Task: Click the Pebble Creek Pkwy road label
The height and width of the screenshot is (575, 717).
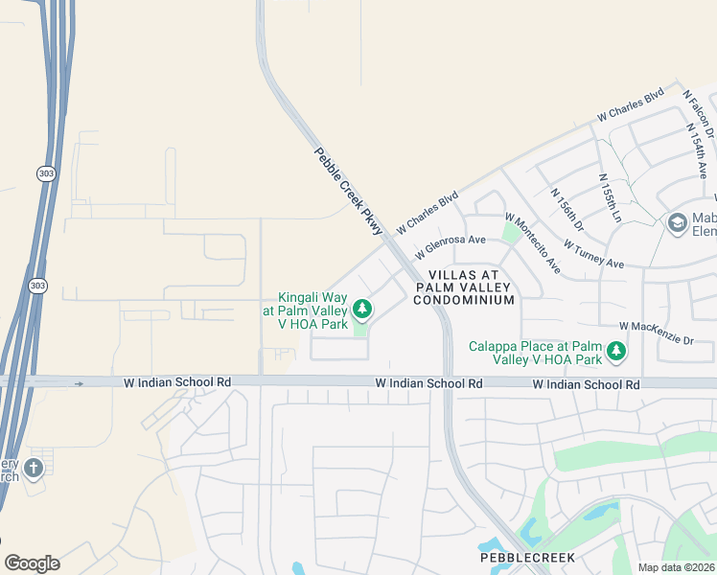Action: (348, 192)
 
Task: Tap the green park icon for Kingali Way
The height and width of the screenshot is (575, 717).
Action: (361, 309)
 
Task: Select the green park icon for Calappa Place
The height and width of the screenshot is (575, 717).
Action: (615, 352)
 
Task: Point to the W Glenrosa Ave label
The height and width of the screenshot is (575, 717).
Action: (451, 247)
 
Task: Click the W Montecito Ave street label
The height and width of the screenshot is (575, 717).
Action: (532, 243)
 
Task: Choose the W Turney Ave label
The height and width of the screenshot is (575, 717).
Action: (593, 254)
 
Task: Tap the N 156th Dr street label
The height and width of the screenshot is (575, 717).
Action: (567, 209)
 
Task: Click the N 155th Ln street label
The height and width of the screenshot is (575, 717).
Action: (610, 199)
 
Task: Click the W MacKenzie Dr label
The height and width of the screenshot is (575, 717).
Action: (656, 333)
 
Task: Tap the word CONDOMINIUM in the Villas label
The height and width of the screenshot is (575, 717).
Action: (464, 300)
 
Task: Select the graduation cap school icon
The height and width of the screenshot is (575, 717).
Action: (677, 222)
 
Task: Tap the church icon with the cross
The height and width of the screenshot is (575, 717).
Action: (34, 469)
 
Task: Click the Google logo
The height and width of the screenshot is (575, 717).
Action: (32, 563)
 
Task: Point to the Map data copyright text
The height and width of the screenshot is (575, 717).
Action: (675, 567)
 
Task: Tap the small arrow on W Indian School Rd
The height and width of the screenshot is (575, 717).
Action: (80, 383)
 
